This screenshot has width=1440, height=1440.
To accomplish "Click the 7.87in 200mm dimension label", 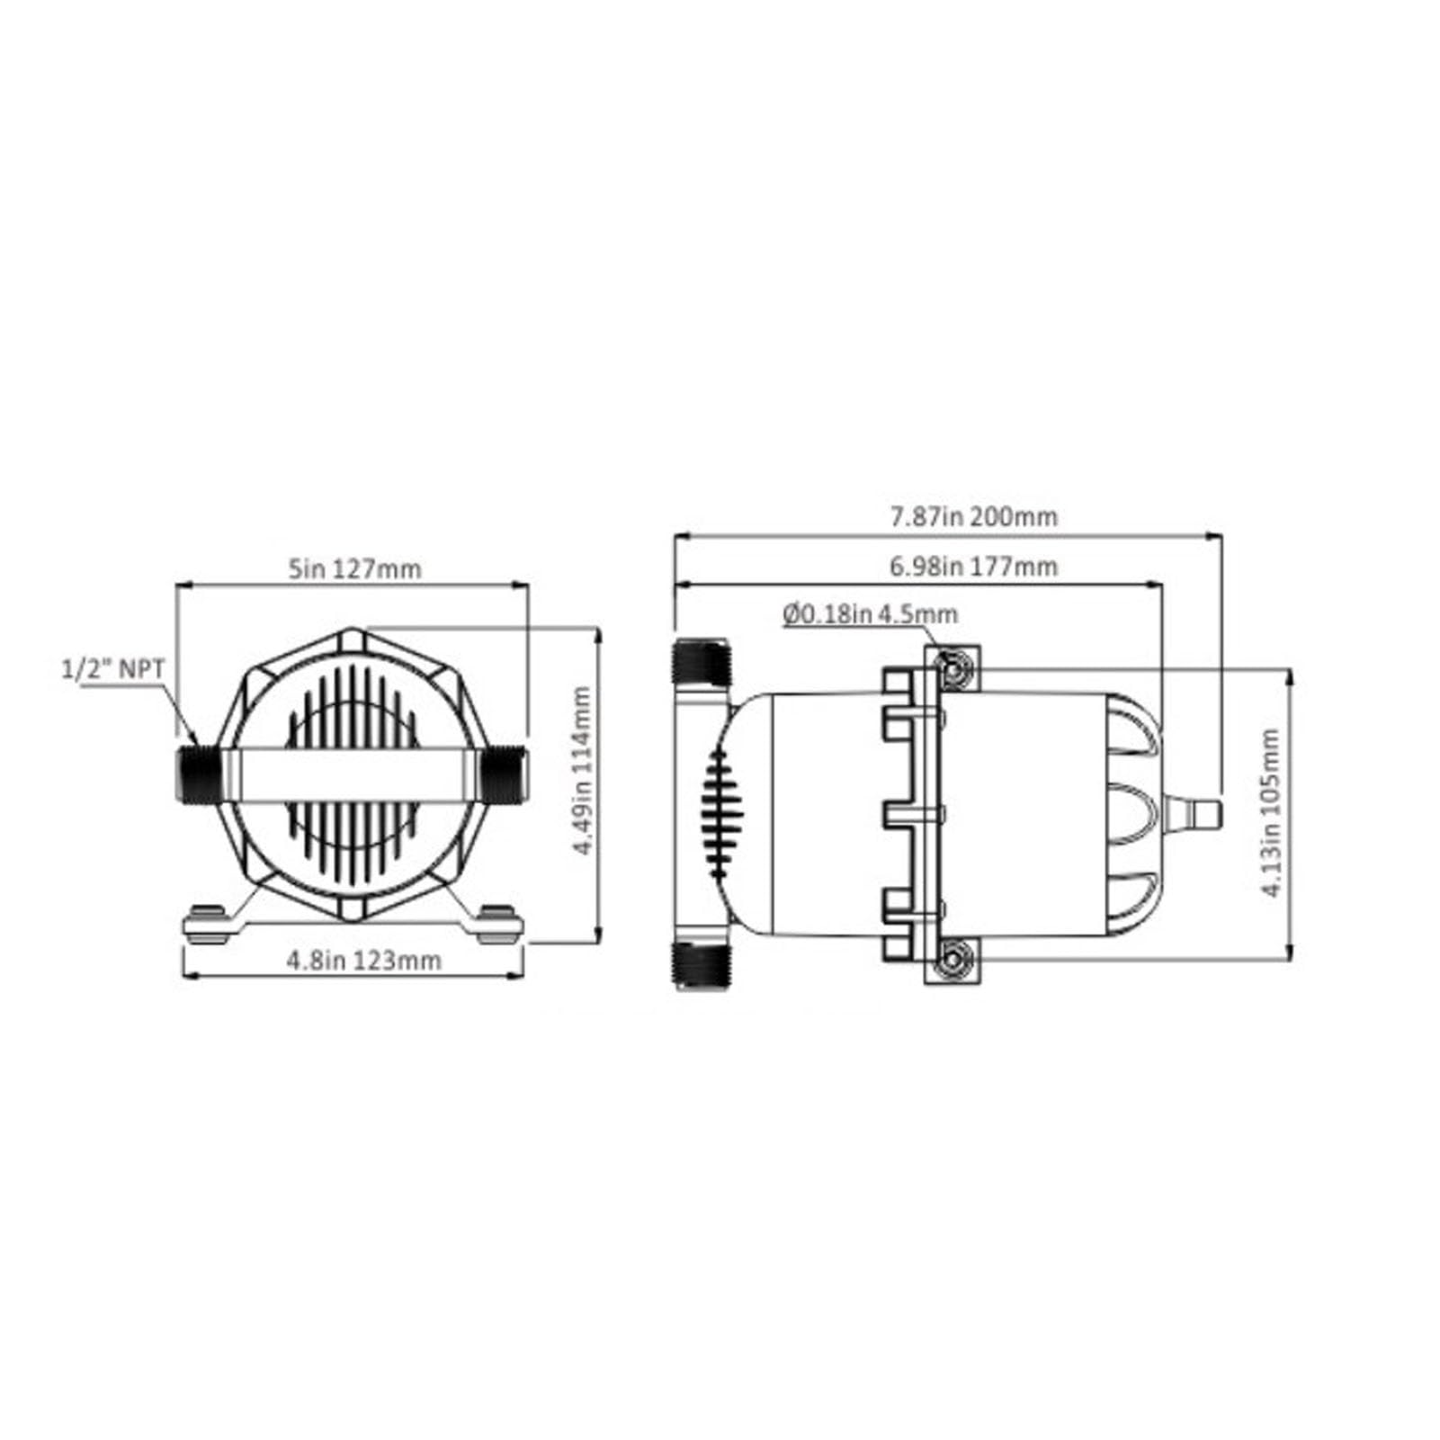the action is (x=973, y=517).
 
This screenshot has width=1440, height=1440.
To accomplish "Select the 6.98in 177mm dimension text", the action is (x=973, y=567).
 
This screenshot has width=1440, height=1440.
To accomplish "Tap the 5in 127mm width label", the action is (x=353, y=568).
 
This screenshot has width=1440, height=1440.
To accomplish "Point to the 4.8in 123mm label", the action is (x=364, y=960).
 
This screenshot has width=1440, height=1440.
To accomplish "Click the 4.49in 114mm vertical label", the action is (x=582, y=771).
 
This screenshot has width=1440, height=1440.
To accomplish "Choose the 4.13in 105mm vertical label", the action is (x=1270, y=813).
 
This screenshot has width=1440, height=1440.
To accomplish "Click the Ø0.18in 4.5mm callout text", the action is (x=870, y=614).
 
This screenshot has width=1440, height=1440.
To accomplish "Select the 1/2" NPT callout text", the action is (x=113, y=668).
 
